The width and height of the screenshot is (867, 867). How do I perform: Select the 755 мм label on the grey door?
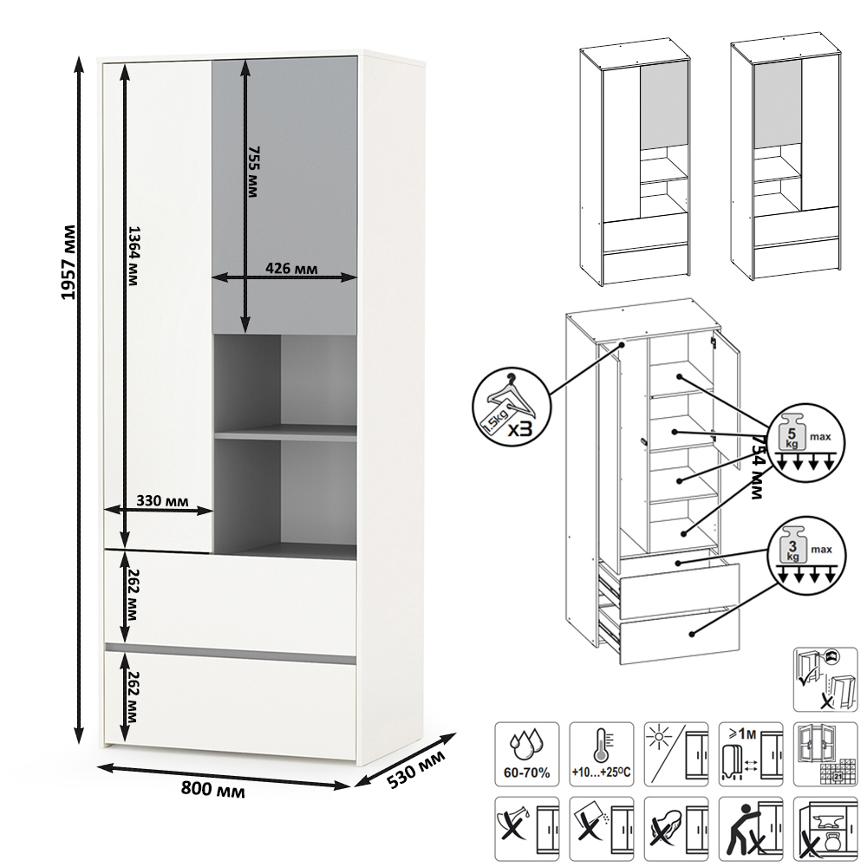pos(253,173)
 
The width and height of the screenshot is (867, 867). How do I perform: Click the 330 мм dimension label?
pos(163,501)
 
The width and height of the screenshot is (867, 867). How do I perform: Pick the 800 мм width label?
pos(212,790)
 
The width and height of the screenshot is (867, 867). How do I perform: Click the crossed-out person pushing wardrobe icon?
pos(751,829)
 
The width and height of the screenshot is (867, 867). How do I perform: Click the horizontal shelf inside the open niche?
pos(285,432)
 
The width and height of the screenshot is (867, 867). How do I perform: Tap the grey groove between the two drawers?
pos(231,648)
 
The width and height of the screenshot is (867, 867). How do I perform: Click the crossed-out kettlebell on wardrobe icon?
pos(825,829)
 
